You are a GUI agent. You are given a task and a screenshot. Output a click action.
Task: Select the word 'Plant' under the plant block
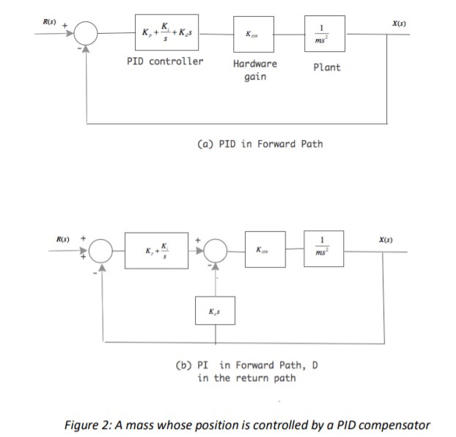tap(326, 67)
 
